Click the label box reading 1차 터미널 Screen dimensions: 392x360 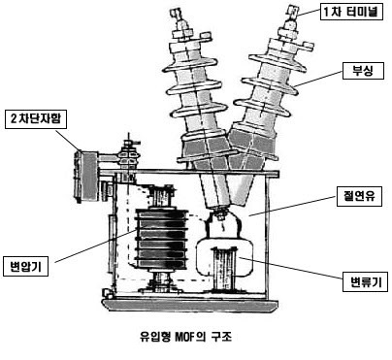click(351, 12)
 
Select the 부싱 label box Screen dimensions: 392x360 click(363, 71)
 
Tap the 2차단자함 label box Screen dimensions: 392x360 click(36, 119)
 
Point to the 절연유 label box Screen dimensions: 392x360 click(359, 196)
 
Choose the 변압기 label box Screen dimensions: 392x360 click(25, 267)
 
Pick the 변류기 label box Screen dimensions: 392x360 click(365, 282)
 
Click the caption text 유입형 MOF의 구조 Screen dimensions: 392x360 click(185, 337)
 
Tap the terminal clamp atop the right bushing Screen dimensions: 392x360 click(291, 13)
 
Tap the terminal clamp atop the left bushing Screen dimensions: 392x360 click(177, 15)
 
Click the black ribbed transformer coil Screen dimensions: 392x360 click(161, 239)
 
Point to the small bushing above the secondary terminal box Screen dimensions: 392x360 click(129, 156)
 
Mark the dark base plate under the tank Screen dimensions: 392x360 click(190, 305)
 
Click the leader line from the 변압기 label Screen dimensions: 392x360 click(96, 245)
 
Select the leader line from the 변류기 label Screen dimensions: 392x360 click(291, 268)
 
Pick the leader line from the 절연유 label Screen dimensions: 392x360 click(293, 206)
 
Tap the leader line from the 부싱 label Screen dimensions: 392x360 click(318, 79)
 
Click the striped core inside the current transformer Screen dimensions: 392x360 click(224, 268)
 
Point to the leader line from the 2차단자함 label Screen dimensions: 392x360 click(69, 141)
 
